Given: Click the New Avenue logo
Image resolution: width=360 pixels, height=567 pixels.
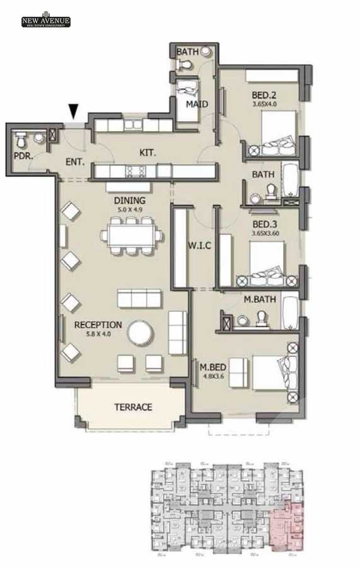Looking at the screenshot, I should pyautogui.click(x=45, y=21).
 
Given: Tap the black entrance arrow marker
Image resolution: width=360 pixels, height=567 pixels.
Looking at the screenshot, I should pyautogui.click(x=74, y=112).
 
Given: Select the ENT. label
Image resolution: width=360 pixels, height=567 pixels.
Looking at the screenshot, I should pyautogui.click(x=75, y=161).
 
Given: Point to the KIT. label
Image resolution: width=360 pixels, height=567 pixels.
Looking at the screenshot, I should pyautogui.click(x=148, y=152).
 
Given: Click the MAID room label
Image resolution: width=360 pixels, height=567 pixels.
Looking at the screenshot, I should pyautogui.click(x=197, y=104).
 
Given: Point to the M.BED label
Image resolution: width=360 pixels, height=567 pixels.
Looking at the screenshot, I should pyautogui.click(x=209, y=367).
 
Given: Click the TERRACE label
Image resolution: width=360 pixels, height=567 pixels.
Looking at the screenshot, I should pyautogui.click(x=132, y=407).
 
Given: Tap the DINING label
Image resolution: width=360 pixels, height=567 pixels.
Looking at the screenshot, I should pyautogui.click(x=129, y=201).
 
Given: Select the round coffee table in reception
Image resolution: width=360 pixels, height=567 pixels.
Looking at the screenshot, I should pyautogui.click(x=139, y=332).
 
